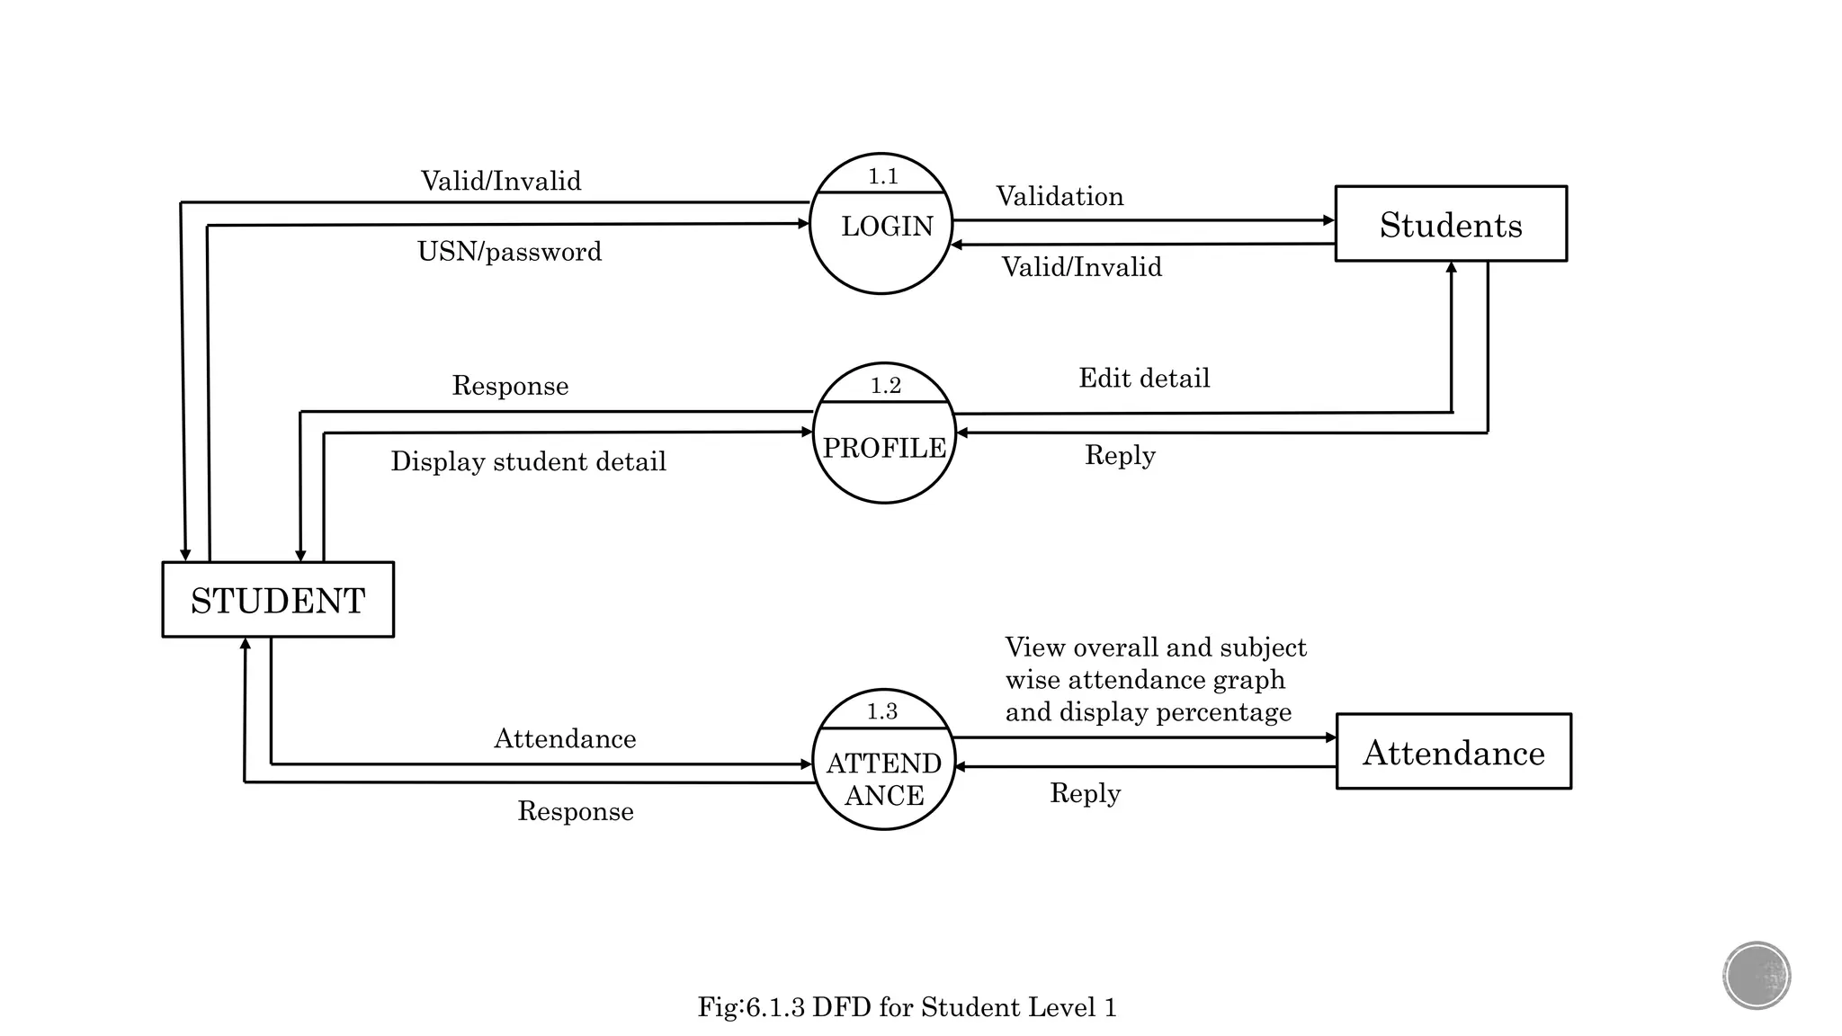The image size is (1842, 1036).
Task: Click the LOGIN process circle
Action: [881, 225]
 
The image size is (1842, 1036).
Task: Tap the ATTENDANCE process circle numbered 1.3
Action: [883, 761]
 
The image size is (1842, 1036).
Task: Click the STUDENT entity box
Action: [278, 600]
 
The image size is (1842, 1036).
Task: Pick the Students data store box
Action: [1450, 224]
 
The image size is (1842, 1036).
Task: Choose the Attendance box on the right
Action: [1453, 752]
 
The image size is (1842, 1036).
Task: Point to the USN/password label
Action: [509, 251]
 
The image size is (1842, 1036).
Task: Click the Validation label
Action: [1060, 196]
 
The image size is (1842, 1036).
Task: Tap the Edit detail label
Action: [1144, 378]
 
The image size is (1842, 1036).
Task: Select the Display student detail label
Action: [528, 461]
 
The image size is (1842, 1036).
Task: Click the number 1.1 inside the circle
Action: [882, 176]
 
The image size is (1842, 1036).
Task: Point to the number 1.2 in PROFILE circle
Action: [885, 386]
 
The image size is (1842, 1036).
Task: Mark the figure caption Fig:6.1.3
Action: [907, 1006]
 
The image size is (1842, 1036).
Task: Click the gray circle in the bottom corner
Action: [1757, 975]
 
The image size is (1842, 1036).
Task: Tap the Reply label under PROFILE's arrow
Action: [1120, 455]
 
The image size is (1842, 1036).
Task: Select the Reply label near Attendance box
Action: [1085, 793]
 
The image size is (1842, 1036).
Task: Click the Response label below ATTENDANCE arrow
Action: [576, 811]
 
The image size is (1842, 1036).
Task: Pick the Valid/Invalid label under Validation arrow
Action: [1082, 267]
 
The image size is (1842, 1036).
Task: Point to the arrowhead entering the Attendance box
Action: [1331, 737]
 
